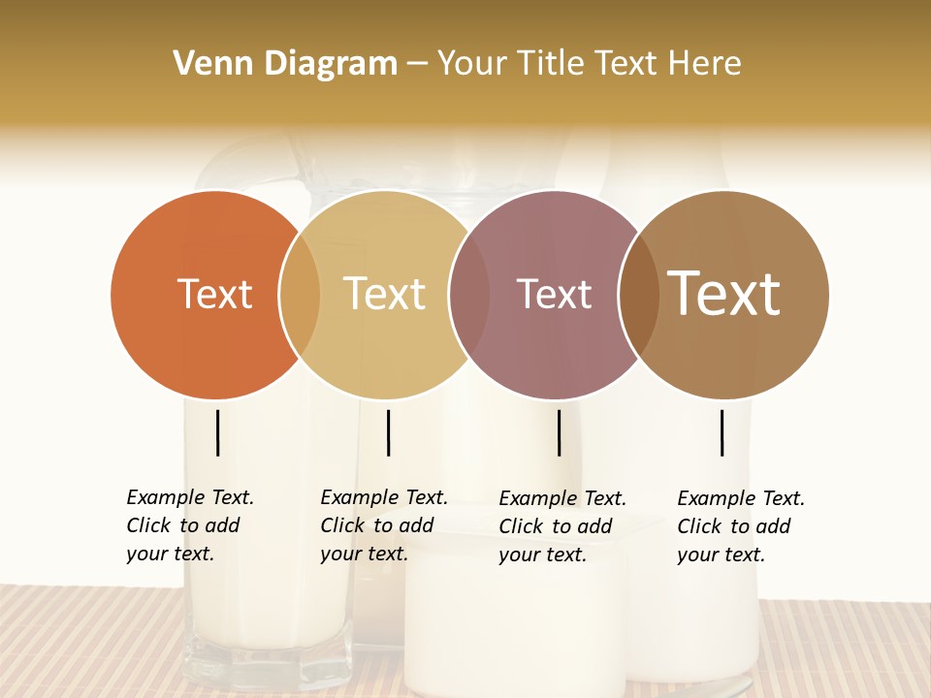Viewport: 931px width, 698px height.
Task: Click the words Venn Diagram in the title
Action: [285, 64]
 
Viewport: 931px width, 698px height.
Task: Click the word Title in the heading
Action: [550, 64]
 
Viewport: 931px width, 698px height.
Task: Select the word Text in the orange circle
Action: [214, 294]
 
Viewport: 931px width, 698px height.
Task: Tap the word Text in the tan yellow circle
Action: [384, 294]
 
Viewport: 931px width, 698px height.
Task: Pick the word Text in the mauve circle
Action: [554, 294]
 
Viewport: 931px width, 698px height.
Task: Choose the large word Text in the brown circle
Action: [723, 294]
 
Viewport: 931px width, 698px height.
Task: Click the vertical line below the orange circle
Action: [217, 432]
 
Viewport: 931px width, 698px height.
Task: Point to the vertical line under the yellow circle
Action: [388, 432]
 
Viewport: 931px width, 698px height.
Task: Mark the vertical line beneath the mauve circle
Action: [559, 432]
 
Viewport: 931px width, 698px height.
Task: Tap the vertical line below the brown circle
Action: [722, 432]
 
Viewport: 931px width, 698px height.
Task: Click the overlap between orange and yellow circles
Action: [300, 294]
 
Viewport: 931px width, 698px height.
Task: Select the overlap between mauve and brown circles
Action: [638, 294]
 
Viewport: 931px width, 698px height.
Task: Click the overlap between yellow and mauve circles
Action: [468, 294]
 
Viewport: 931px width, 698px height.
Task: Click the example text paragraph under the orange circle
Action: [190, 525]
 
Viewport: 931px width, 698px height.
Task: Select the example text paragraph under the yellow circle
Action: [384, 525]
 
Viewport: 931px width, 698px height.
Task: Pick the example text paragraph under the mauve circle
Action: [562, 526]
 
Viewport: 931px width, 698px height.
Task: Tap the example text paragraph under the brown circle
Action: [741, 526]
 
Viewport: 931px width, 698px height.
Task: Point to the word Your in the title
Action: [472, 64]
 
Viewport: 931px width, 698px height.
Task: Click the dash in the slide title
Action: [417, 64]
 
